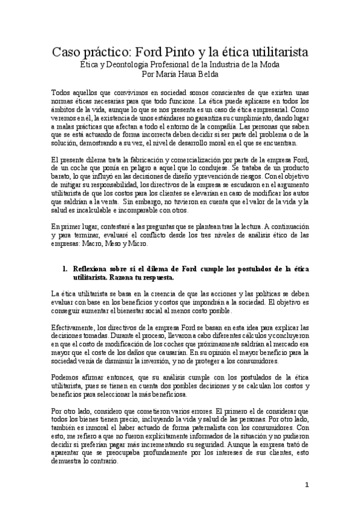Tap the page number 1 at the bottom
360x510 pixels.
point(307,484)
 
